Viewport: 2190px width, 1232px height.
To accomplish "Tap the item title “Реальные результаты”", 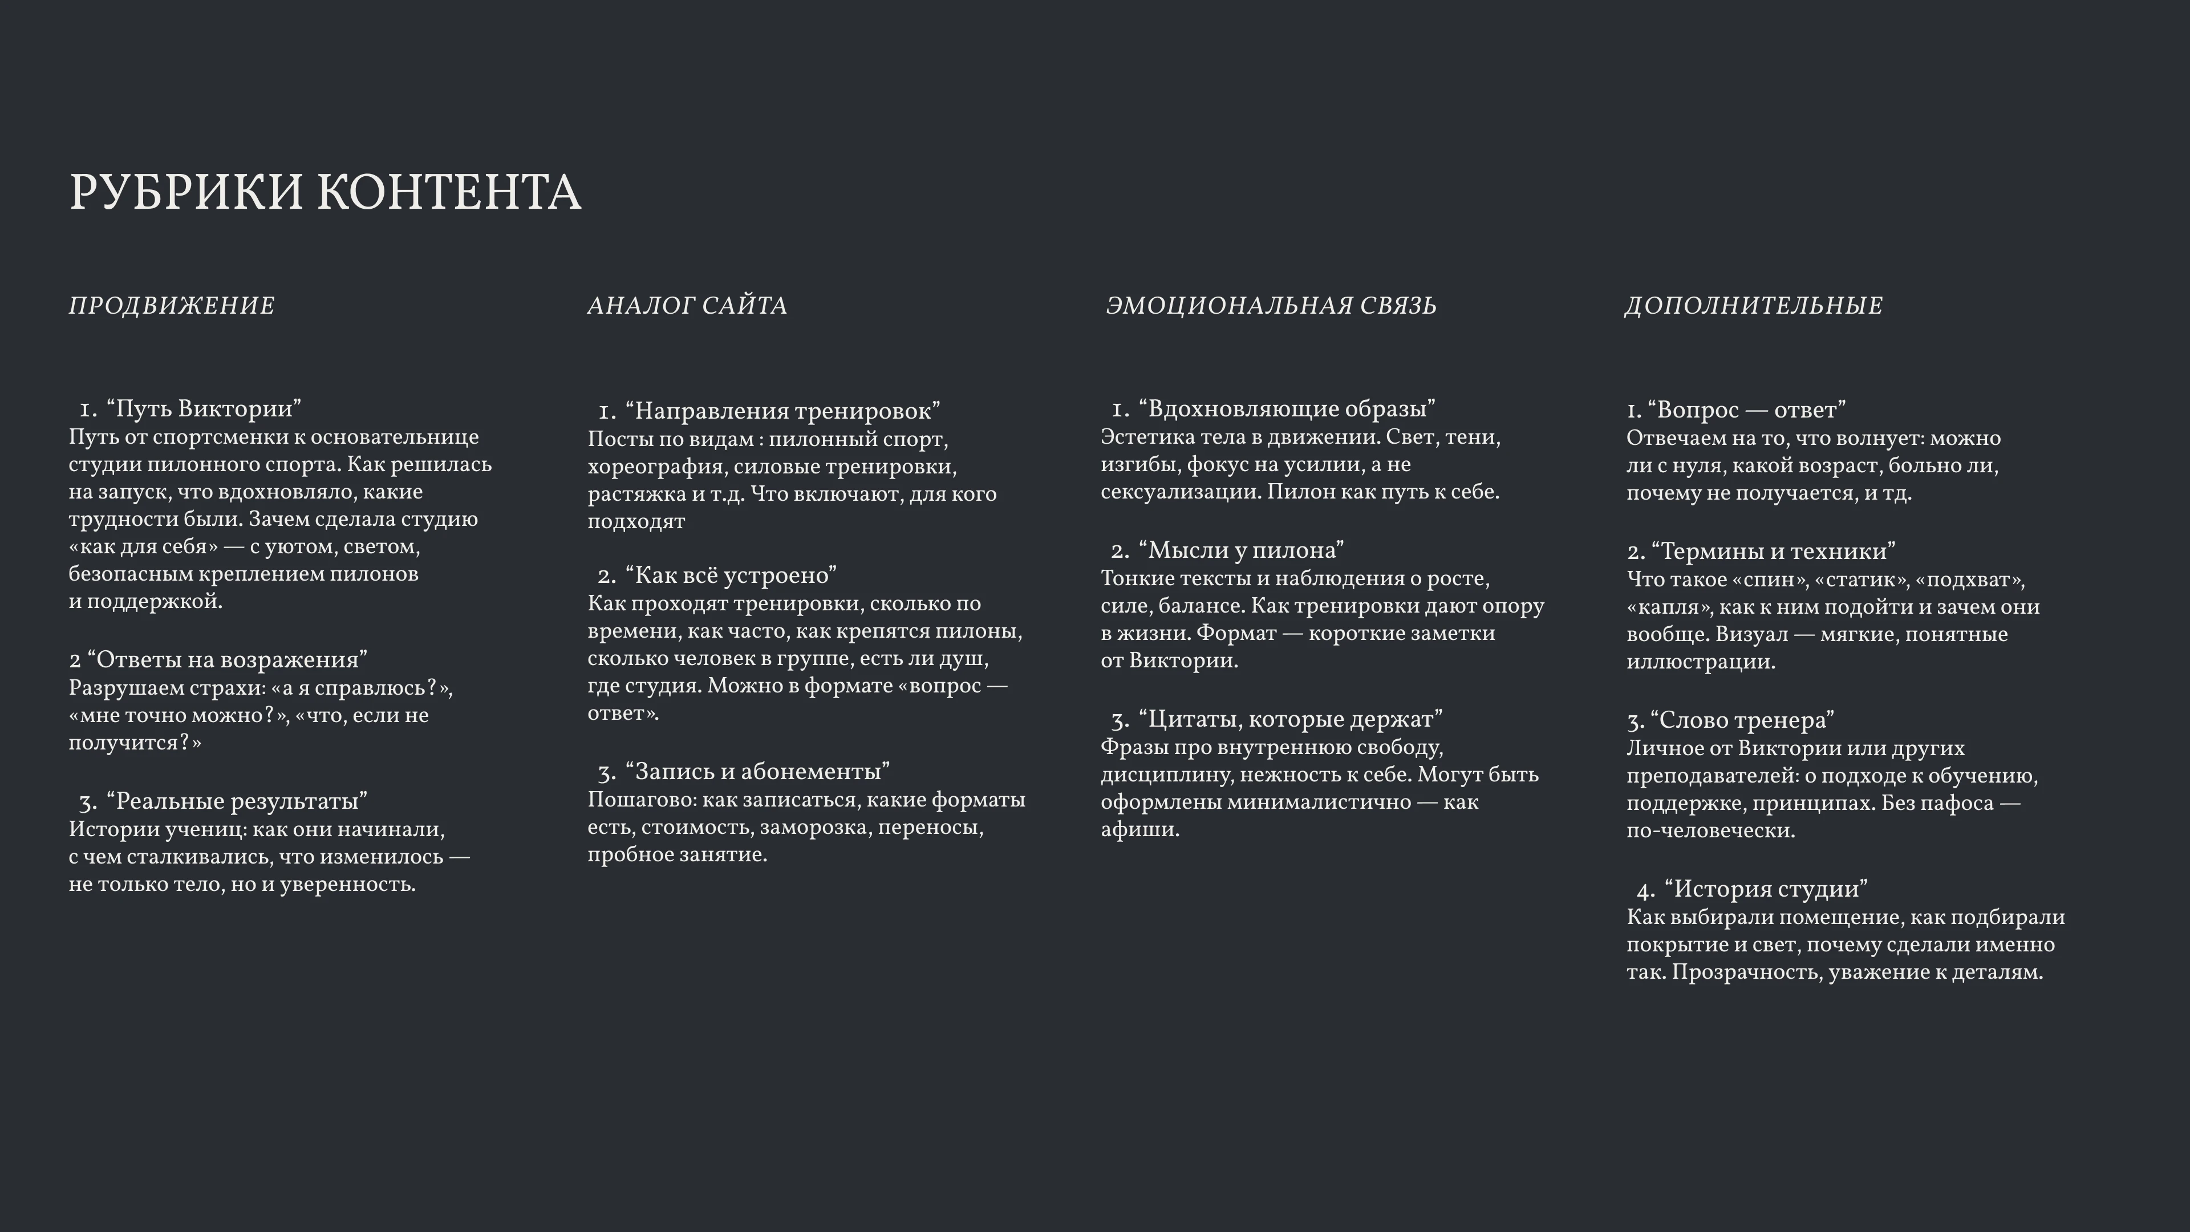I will tap(236, 801).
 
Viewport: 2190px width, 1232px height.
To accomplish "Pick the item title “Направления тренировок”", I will tap(782, 411).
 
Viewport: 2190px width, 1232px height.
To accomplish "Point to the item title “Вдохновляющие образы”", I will tap(1286, 409).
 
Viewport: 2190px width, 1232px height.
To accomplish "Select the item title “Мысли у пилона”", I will tap(1241, 550).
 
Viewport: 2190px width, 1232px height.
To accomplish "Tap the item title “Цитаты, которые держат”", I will tap(1289, 719).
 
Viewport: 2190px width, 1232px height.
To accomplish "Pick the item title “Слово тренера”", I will tap(1742, 720).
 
